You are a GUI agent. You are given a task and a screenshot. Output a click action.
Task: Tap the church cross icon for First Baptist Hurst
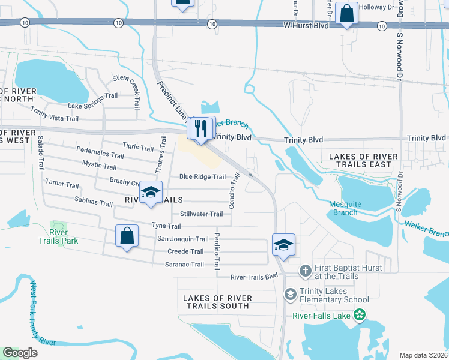(306, 271)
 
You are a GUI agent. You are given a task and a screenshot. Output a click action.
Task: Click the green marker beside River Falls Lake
(360, 315)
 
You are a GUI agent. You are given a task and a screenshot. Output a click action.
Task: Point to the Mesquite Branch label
(345, 208)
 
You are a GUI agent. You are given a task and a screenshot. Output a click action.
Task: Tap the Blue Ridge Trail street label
(202, 177)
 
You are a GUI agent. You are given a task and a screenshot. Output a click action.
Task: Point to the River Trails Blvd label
(255, 277)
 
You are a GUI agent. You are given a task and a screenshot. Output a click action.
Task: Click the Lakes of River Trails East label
(364, 160)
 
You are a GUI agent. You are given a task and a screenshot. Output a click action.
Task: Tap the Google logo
(20, 353)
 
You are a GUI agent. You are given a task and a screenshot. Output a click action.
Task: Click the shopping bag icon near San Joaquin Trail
(127, 236)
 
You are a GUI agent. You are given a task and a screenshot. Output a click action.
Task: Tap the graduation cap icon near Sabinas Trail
(151, 193)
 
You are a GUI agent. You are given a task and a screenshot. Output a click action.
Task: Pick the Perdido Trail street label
(217, 250)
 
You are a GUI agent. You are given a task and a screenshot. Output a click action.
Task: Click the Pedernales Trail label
(100, 152)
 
